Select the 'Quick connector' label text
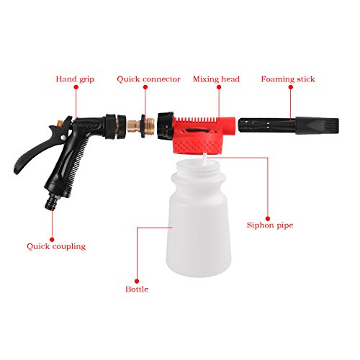tap(148, 78)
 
